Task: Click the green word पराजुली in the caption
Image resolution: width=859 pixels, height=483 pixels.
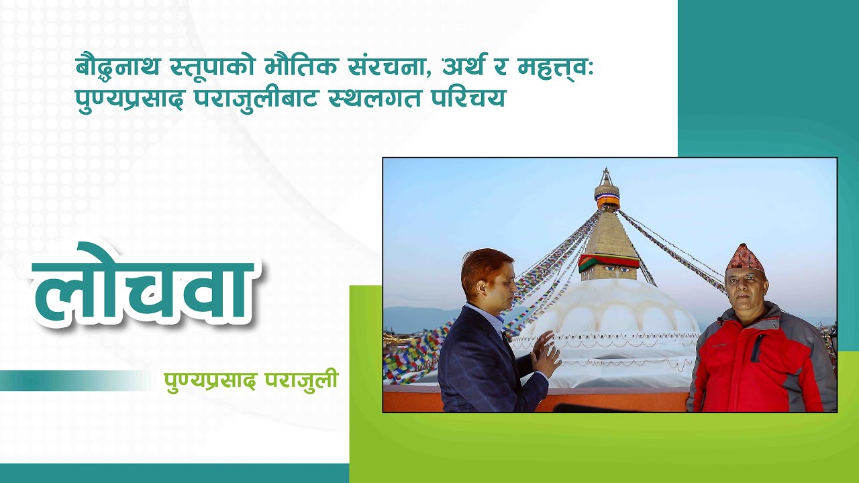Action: point(301,380)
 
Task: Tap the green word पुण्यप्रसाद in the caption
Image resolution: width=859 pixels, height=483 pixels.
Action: point(211,380)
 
